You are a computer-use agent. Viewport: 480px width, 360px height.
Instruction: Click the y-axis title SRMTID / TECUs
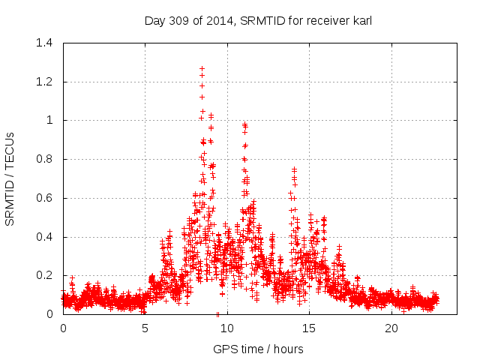[x=10, y=178]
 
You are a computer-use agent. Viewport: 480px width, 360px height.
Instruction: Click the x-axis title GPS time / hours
[x=258, y=349]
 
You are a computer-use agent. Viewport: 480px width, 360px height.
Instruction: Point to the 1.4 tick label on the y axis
[x=44, y=43]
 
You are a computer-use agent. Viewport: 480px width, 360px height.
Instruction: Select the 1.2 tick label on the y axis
[x=44, y=81]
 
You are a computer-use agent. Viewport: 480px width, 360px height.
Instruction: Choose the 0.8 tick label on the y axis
[x=44, y=159]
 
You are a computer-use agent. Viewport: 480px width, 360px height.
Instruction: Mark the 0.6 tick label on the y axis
[x=44, y=198]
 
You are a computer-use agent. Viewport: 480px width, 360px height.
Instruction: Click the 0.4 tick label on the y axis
[x=44, y=237]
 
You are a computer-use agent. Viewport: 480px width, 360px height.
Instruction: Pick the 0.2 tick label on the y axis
[x=44, y=275]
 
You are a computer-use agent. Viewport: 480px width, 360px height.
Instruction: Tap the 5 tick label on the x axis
[x=145, y=328]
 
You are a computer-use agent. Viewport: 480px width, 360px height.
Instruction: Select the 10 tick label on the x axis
[x=227, y=328]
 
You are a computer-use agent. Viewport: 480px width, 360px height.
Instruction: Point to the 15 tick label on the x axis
[x=309, y=328]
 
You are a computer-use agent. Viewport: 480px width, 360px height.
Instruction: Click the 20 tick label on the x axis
[x=391, y=328]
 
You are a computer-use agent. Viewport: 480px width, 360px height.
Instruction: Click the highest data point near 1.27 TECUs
[x=202, y=68]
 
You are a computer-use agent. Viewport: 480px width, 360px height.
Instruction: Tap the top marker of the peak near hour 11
[x=244, y=124]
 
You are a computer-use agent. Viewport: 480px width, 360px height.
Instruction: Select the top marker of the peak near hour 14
[x=294, y=169]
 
